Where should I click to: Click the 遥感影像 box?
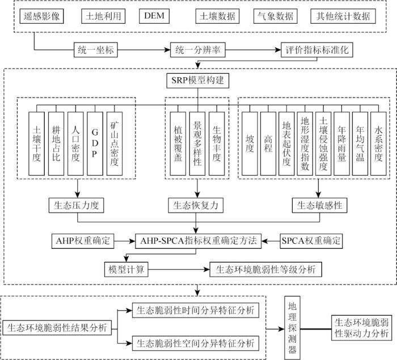click(x=42, y=16)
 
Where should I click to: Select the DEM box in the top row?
click(x=153, y=15)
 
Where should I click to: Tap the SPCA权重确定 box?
click(x=312, y=240)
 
